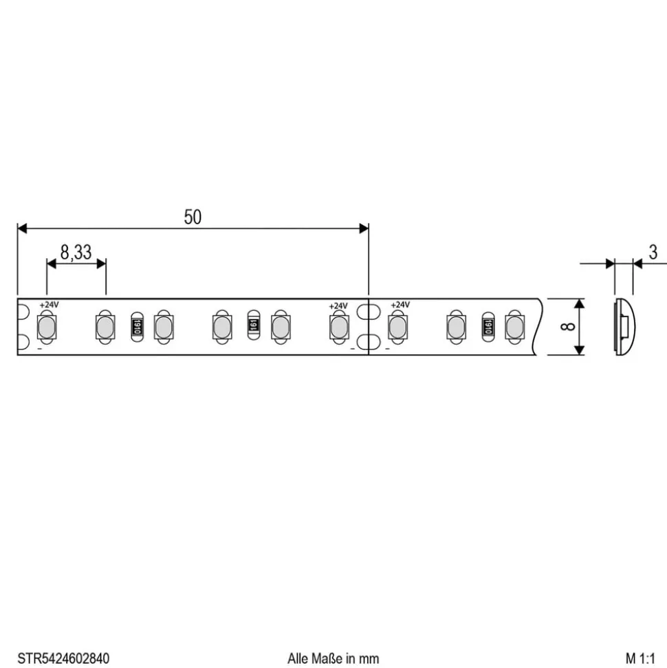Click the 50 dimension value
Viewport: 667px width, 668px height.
[193, 217]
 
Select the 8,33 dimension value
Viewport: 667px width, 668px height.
[76, 252]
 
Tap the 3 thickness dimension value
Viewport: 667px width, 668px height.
[653, 252]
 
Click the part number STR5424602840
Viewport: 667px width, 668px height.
[63, 658]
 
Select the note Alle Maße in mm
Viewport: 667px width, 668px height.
[333, 658]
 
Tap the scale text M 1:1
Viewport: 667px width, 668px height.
[640, 658]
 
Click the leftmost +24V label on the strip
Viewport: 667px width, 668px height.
[49, 305]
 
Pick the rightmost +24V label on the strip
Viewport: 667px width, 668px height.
[400, 305]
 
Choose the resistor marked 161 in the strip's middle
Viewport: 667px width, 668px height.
[254, 325]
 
